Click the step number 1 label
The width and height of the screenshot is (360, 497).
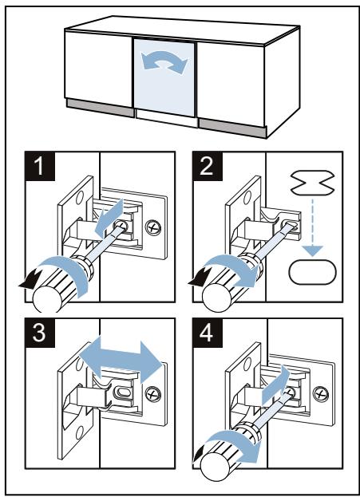tap(40, 167)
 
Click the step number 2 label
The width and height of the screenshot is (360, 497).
tap(207, 167)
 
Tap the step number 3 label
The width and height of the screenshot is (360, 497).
tap(40, 333)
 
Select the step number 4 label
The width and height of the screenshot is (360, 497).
tap(207, 333)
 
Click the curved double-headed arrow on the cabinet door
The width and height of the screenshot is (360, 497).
tap(164, 61)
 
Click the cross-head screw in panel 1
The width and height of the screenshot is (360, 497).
tap(153, 227)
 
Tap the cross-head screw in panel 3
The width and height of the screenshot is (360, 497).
tap(153, 394)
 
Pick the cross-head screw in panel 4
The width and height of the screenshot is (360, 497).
tap(321, 393)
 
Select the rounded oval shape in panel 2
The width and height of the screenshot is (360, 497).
tap(312, 272)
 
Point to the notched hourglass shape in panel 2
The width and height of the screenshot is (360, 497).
tap(313, 183)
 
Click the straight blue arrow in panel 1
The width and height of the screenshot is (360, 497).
tap(109, 218)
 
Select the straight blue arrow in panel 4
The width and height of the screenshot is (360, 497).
tap(275, 385)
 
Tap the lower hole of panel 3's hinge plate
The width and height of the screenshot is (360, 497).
tap(80, 433)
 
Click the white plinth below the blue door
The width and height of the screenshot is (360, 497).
tap(167, 118)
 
